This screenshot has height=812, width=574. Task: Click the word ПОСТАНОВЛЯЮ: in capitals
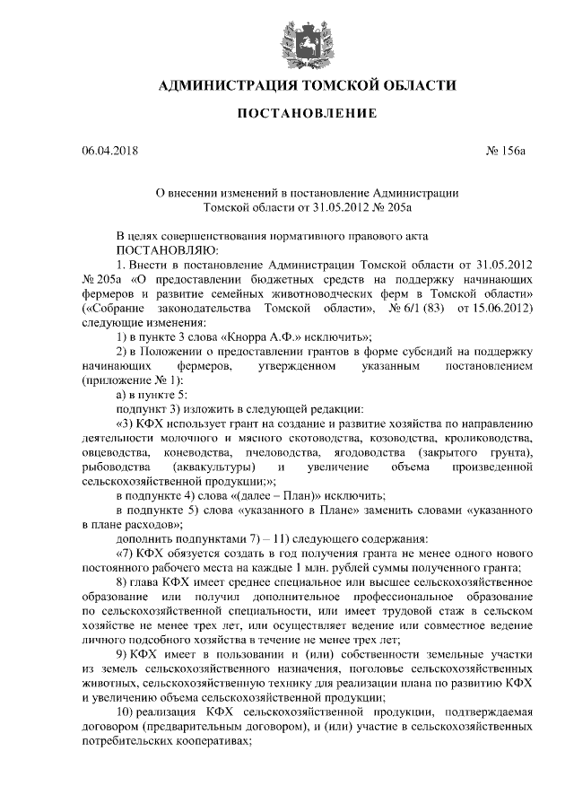[162, 250]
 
